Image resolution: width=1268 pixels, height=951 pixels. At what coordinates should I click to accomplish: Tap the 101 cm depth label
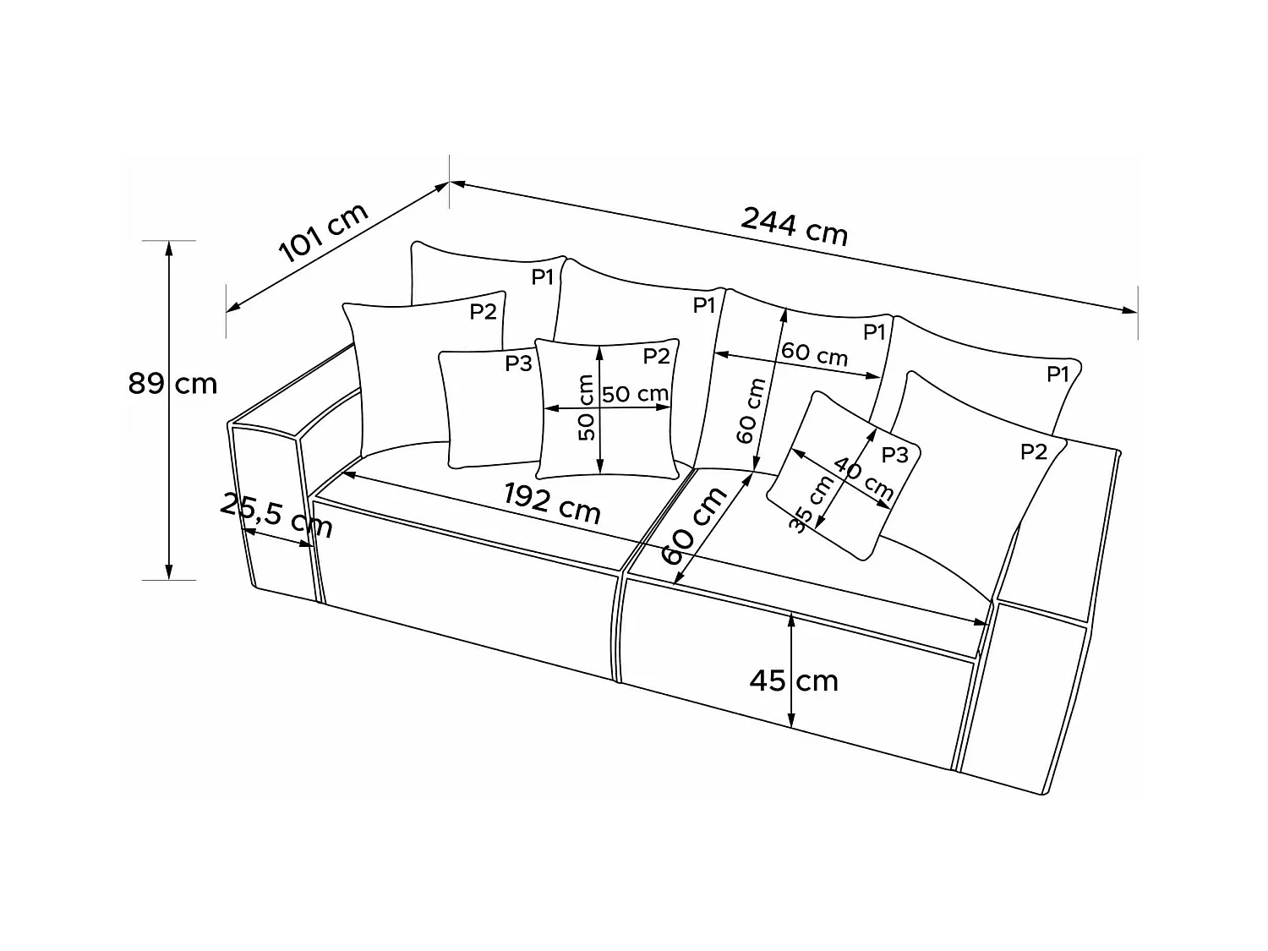[323, 233]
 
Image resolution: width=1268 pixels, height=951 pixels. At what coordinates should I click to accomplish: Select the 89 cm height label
[173, 384]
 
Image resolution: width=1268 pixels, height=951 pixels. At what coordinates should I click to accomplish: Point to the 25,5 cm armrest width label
[276, 515]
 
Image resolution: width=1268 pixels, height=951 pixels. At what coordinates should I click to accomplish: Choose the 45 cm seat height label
[794, 680]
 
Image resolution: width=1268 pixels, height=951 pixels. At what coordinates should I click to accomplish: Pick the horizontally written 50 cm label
[636, 394]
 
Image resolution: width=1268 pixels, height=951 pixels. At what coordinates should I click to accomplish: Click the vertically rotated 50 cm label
[586, 408]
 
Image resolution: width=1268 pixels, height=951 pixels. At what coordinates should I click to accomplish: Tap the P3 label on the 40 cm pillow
[894, 456]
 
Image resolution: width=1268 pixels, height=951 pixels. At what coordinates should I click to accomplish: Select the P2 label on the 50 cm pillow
[656, 357]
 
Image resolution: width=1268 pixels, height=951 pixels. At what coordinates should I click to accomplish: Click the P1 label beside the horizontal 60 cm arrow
[874, 332]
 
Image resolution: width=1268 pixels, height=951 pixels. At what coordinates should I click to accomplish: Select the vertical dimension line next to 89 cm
[169, 473]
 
